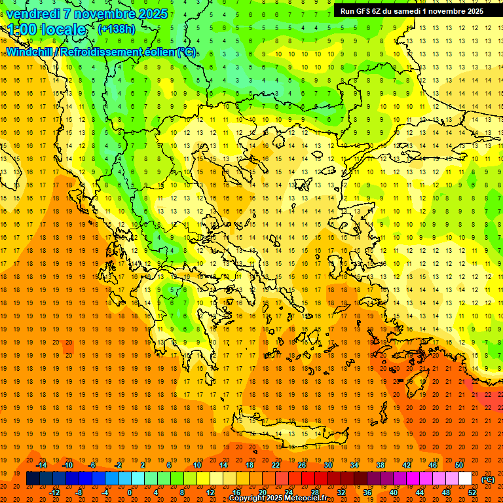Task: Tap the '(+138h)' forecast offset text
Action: click(x=116, y=29)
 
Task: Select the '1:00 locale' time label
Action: click(x=47, y=29)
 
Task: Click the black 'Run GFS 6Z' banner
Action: click(x=411, y=10)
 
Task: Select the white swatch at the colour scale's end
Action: click(x=465, y=479)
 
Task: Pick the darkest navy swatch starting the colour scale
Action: click(x=33, y=479)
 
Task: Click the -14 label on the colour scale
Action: click(x=41, y=465)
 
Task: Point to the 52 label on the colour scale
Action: click(x=472, y=492)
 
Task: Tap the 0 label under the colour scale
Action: click(x=129, y=492)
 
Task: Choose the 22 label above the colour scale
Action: click(x=276, y=465)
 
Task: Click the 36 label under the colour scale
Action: click(x=367, y=492)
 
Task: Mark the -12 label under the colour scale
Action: click(x=54, y=492)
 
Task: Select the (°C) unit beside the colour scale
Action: click(x=488, y=479)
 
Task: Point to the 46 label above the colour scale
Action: click(x=433, y=465)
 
